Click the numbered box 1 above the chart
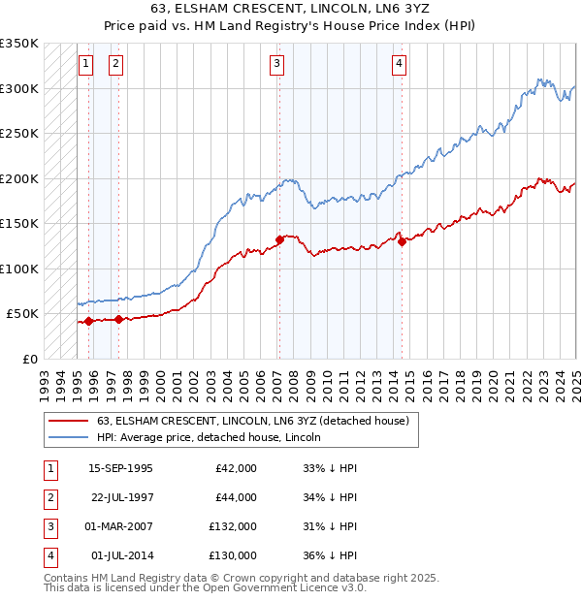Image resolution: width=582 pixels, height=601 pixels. tap(85, 64)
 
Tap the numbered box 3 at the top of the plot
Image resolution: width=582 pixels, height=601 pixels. tap(277, 64)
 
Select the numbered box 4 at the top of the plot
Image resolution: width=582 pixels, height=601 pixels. tap(399, 64)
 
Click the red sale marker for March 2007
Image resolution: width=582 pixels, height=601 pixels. tap(279, 238)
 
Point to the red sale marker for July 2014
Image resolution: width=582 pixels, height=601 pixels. tap(402, 241)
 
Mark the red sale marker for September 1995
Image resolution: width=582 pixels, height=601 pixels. tap(88, 321)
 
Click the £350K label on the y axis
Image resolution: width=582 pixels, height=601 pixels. tap(18, 44)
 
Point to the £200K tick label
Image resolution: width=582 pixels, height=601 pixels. tap(18, 178)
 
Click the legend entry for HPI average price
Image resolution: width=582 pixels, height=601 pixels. tap(209, 437)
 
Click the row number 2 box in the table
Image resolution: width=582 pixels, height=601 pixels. tap(49, 497)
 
